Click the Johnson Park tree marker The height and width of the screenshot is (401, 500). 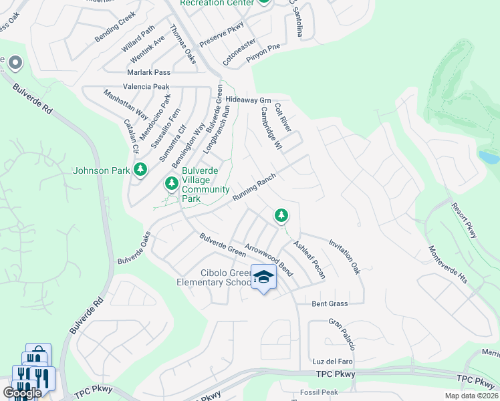point(140,170)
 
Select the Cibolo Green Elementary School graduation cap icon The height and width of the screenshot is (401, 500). point(263,277)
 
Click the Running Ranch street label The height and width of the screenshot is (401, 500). point(254,186)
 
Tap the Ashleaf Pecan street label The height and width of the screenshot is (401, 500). point(309,260)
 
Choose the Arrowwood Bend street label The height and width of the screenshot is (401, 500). point(269,260)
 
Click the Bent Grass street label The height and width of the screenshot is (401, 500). point(330,303)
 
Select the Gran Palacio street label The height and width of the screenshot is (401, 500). point(342,334)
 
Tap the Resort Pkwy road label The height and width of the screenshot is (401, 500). point(463,221)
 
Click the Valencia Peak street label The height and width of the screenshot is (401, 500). point(146,87)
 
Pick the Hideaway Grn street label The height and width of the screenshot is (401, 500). point(247,99)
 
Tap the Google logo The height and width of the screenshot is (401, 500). point(21,393)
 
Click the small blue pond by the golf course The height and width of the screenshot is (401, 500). point(489,158)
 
